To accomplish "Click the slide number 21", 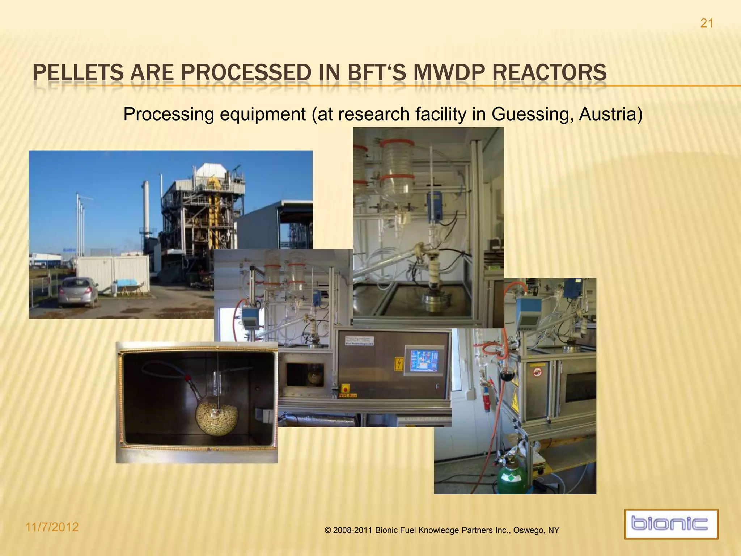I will coord(707,24).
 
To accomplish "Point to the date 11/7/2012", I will coord(52,527).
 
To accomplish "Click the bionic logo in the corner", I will coord(671,524).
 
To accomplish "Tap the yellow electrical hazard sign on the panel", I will coord(398,364).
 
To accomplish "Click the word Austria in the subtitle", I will coord(610,114).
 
